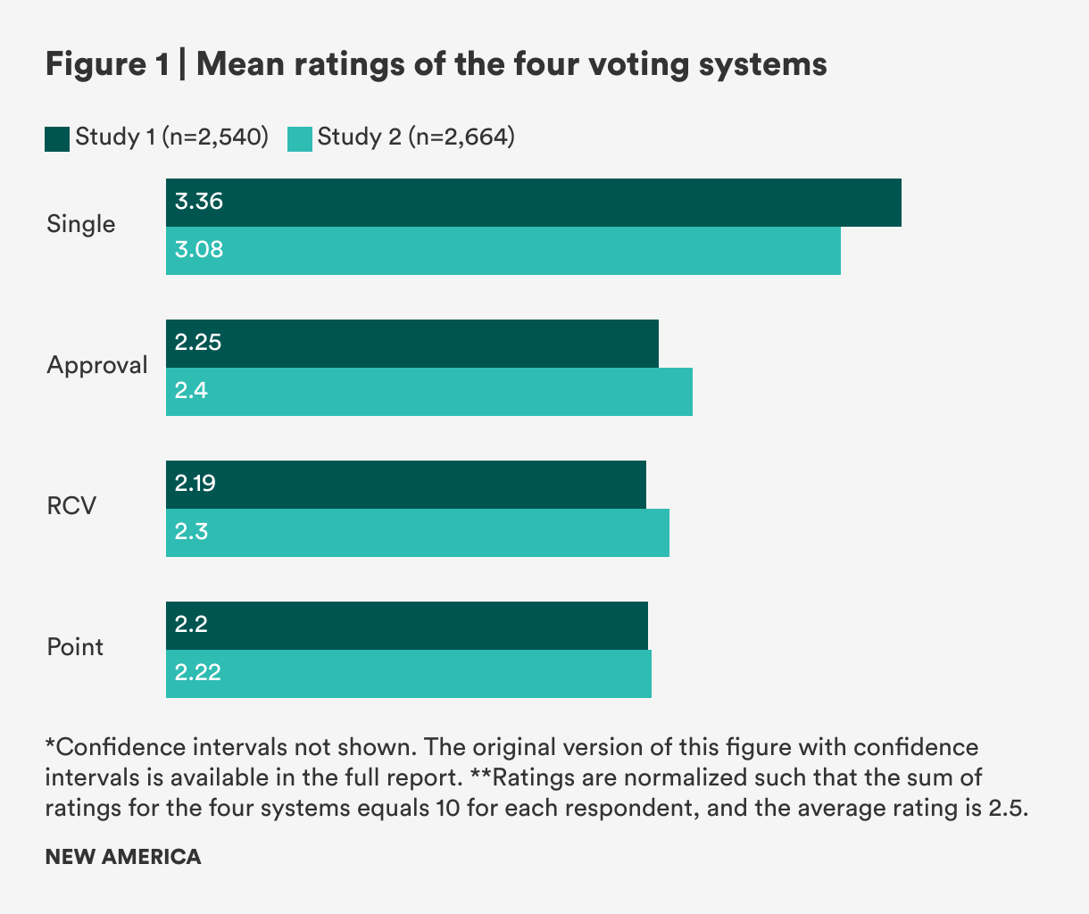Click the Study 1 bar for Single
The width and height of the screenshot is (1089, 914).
pyautogui.click(x=534, y=203)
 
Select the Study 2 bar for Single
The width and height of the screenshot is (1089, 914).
pyautogui.click(x=503, y=251)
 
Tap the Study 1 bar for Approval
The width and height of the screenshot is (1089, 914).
pyautogui.click(x=412, y=344)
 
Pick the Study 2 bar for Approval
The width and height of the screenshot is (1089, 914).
pyautogui.click(x=429, y=392)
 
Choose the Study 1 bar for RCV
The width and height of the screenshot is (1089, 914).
pyautogui.click(x=406, y=485)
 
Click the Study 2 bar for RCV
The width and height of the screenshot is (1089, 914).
pyautogui.click(x=418, y=533)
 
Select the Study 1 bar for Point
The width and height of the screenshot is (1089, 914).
pyautogui.click(x=407, y=626)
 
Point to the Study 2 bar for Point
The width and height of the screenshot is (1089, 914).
pyautogui.click(x=409, y=674)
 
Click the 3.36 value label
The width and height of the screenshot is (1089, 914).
pyautogui.click(x=199, y=202)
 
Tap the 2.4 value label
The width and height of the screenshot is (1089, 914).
pyautogui.click(x=191, y=391)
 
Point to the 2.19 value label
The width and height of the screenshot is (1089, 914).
pyautogui.click(x=195, y=484)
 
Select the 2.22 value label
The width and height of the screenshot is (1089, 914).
pyautogui.click(x=198, y=673)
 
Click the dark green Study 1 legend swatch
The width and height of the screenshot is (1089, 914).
pyautogui.click(x=57, y=138)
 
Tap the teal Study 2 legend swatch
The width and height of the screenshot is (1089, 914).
pyautogui.click(x=300, y=138)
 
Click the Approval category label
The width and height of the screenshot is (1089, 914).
pyautogui.click(x=97, y=366)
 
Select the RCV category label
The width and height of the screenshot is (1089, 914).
pyautogui.click(x=71, y=507)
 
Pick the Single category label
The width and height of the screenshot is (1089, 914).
pyautogui.click(x=81, y=224)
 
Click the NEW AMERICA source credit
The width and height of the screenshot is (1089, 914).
pyautogui.click(x=123, y=857)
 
